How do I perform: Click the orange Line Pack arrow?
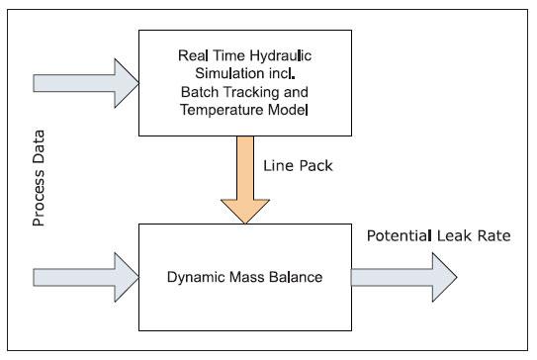[245, 180]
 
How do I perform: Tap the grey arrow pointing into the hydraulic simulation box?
[86, 83]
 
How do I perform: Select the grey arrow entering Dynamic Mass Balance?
[86, 278]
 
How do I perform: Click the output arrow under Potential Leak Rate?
[404, 278]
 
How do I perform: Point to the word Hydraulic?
[281, 56]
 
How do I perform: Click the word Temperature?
[223, 111]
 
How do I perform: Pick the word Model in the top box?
[288, 110]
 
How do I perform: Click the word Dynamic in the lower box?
[196, 278]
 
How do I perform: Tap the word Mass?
[247, 277]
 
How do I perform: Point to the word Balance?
[296, 277]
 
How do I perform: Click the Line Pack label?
[298, 166]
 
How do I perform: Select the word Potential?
[399, 235]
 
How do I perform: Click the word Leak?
[455, 235]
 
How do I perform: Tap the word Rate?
[493, 235]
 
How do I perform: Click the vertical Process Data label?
[39, 178]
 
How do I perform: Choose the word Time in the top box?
[228, 55]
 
